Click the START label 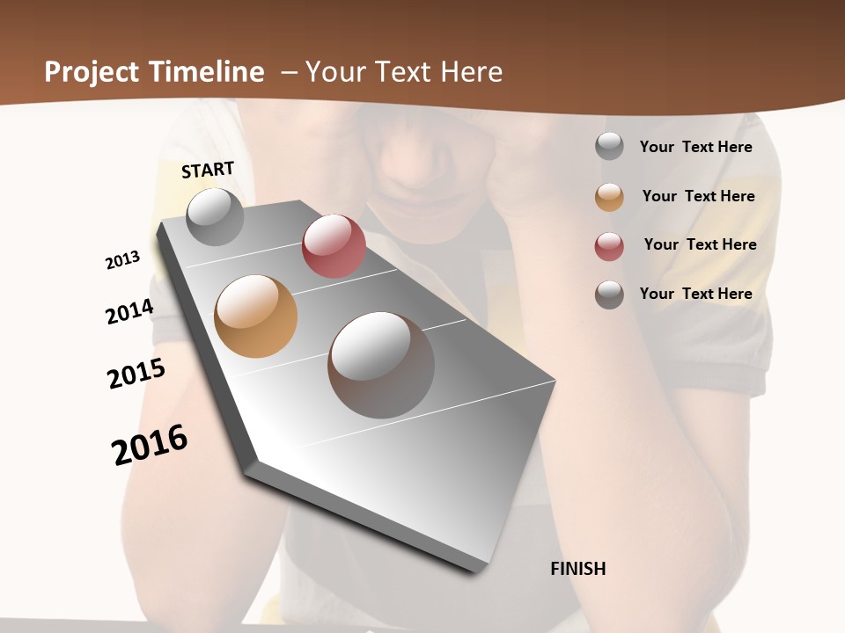click(x=208, y=170)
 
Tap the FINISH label click(x=577, y=569)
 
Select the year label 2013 click(x=122, y=260)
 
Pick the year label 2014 click(x=129, y=311)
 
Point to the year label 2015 click(x=136, y=374)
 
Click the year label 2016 click(x=150, y=445)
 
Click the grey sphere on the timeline click(x=215, y=216)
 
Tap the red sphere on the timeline click(x=334, y=246)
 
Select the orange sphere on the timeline click(x=255, y=316)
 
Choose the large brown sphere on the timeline click(x=381, y=365)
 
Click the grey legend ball click(x=609, y=147)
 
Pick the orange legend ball click(x=609, y=197)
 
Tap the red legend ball click(x=609, y=246)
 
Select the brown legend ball click(x=609, y=295)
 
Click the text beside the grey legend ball click(x=695, y=147)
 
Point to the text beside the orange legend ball click(x=698, y=196)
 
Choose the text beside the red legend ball click(x=700, y=244)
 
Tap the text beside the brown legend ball click(x=695, y=294)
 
